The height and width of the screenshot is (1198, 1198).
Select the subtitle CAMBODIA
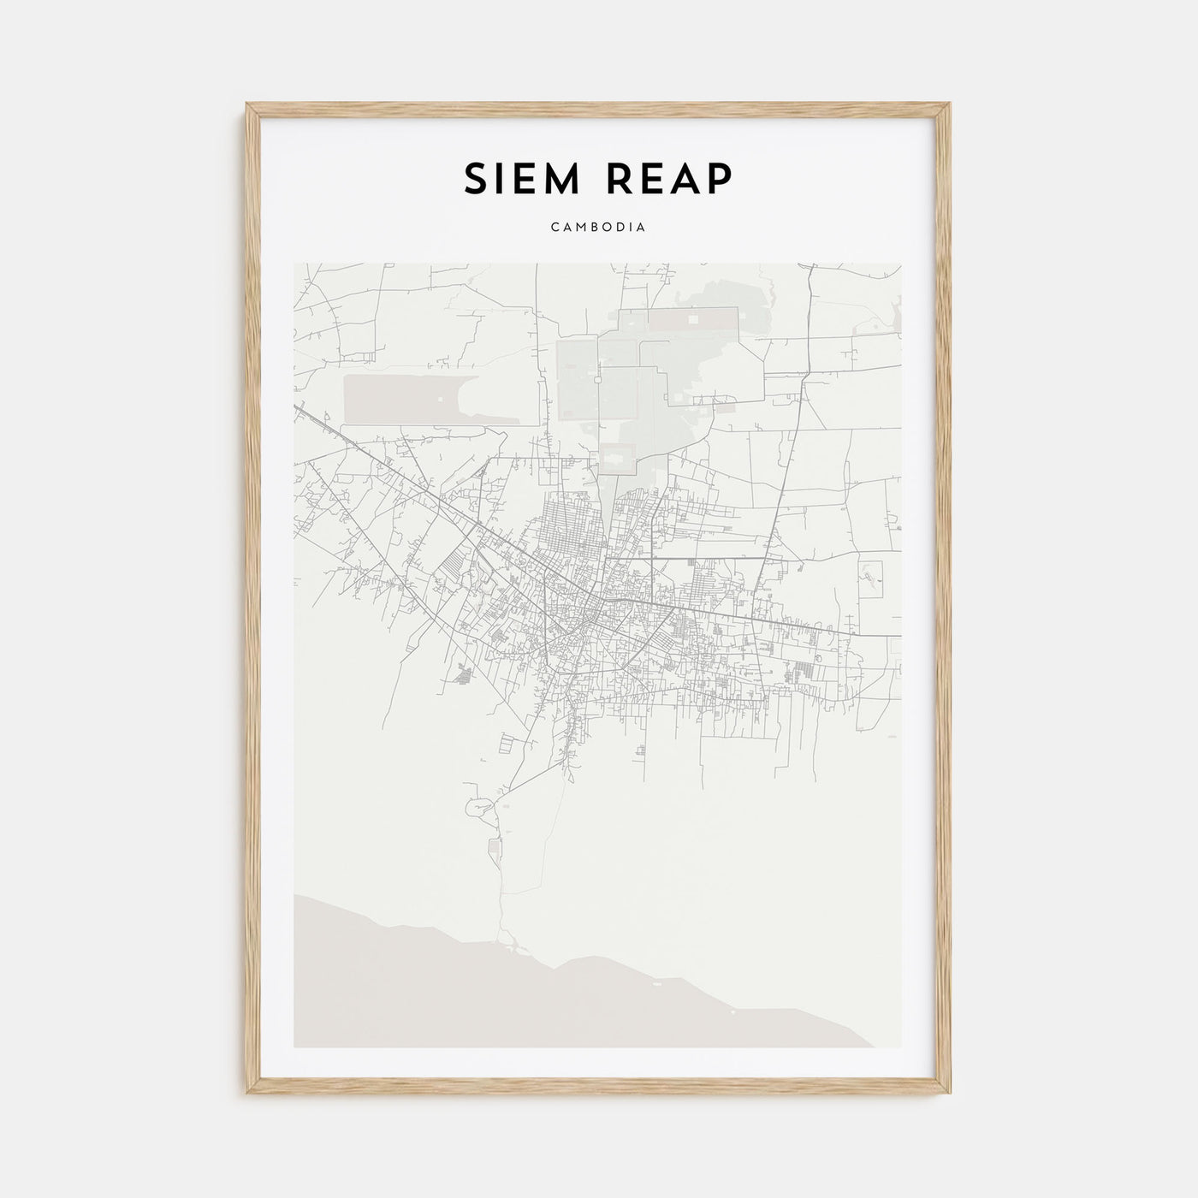(598, 228)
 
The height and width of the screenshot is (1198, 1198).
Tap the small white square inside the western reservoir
(441, 399)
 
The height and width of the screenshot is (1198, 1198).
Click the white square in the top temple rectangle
(693, 319)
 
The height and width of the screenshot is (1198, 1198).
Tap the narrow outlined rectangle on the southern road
(494, 850)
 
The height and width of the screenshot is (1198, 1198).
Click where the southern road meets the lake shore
(510, 945)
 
